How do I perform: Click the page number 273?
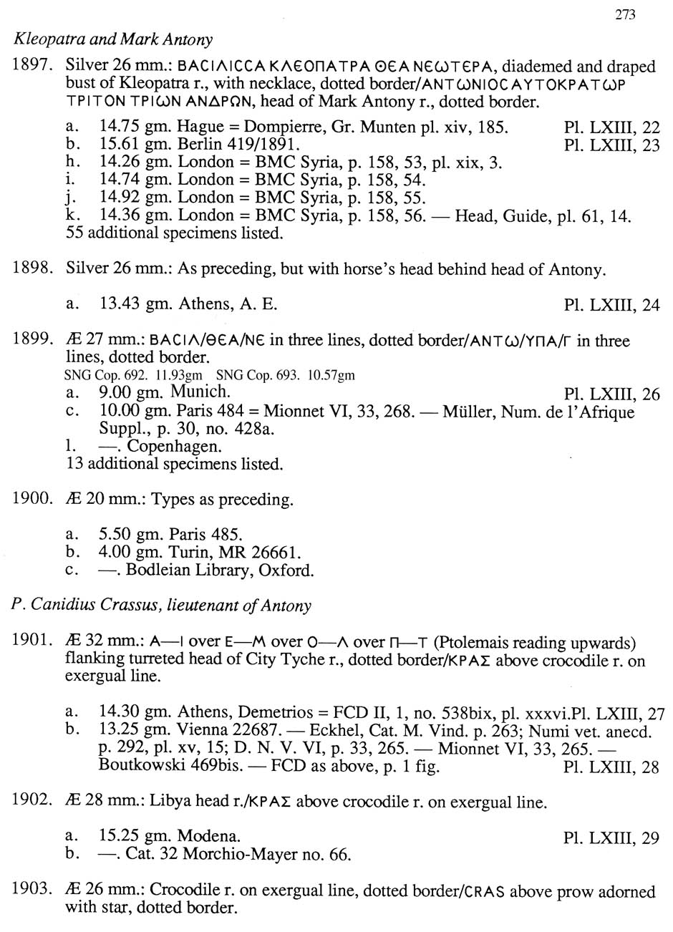(625, 15)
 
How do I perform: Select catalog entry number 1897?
(34, 67)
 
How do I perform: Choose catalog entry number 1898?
(34, 269)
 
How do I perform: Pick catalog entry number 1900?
(34, 499)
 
